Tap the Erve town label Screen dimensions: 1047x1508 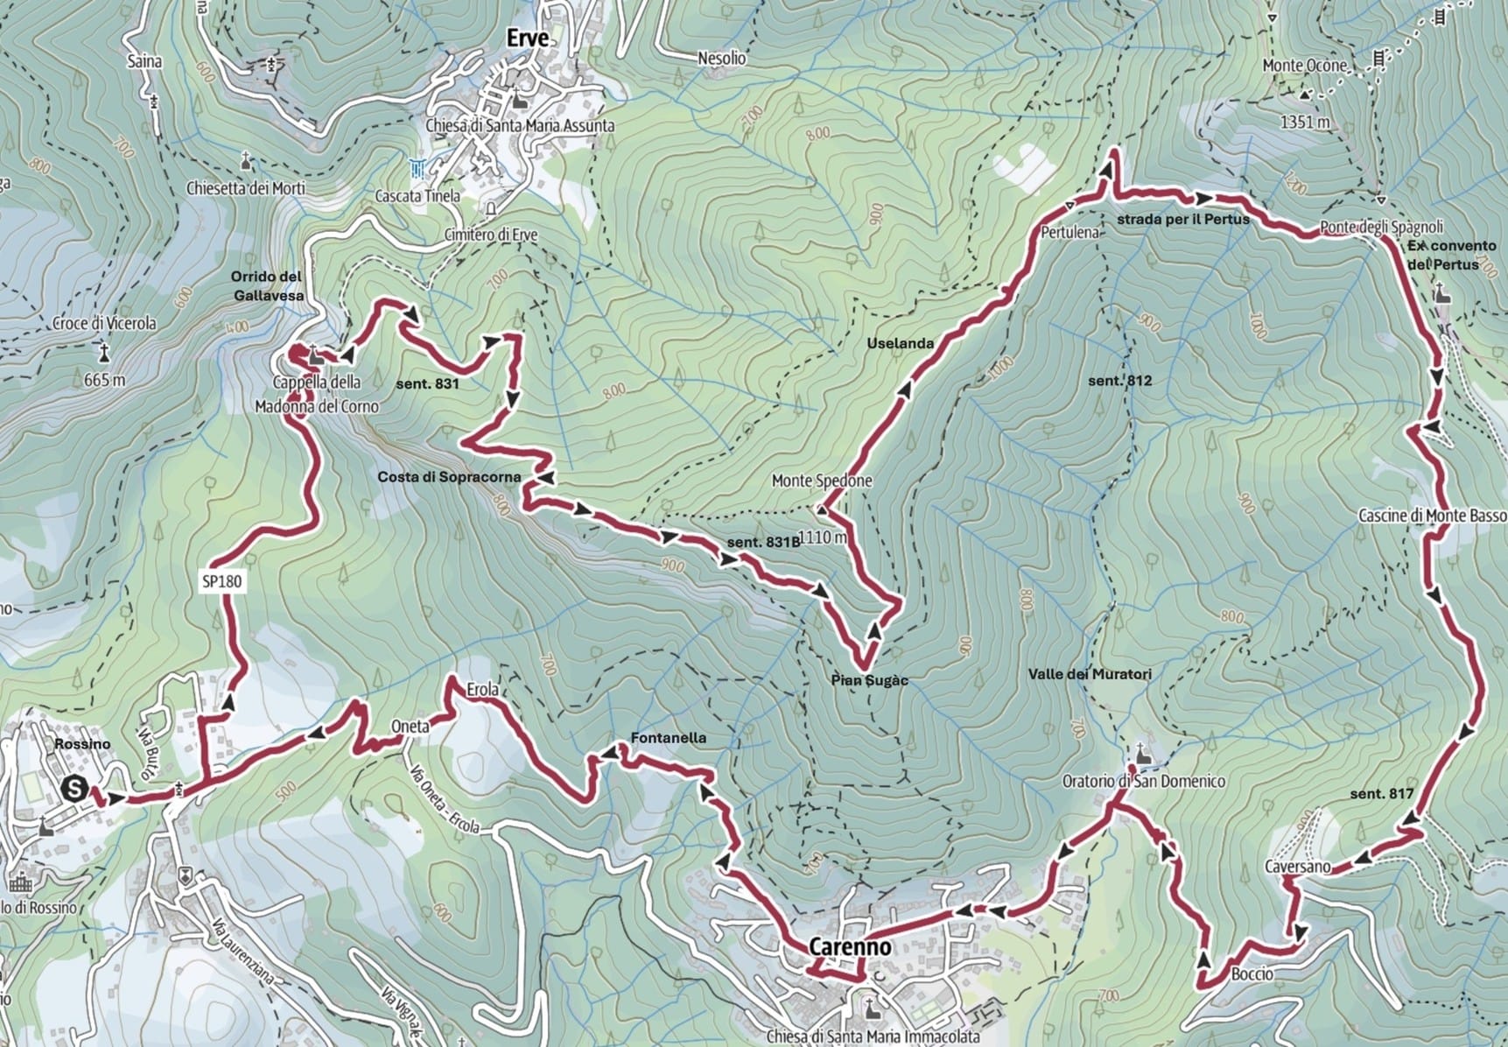coord(528,39)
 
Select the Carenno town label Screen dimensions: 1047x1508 coord(850,946)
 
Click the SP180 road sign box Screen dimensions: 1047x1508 coord(221,581)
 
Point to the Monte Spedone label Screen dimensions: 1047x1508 coord(821,481)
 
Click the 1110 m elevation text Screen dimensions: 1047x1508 coord(823,538)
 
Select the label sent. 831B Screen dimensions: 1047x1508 coord(763,542)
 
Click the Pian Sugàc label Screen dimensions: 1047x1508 coord(870,680)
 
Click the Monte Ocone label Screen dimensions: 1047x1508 coord(1304,66)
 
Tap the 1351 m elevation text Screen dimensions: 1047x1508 coord(1304,123)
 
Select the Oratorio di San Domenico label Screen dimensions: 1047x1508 coord(1143,780)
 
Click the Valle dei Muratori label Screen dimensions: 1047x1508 coord(1090,674)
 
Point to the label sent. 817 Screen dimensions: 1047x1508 coord(1381,794)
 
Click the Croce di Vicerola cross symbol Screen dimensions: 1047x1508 coord(104,353)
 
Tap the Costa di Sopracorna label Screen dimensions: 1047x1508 coord(449,477)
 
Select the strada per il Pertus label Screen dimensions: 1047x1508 coord(1182,219)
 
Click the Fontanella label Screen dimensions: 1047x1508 coord(668,738)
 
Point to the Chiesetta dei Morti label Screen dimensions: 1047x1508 coord(246,188)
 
